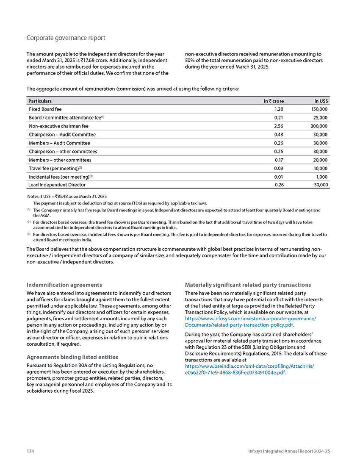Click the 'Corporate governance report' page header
coord(66,38)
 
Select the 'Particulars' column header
coord(40,101)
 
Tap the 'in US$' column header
coord(321,101)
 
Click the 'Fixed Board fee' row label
coord(45,109)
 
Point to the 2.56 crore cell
coord(279,126)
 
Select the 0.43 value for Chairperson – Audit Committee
coord(279,134)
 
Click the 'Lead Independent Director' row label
coord(57,185)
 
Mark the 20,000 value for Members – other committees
coord(319,160)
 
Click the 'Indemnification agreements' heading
coord(64,285)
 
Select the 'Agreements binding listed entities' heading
coord(72,357)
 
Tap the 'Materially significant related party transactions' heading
coord(248,285)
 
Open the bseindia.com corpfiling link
coord(250,369)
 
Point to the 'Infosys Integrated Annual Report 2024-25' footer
coord(289,451)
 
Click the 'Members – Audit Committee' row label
coord(59,143)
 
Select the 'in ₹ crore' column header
coord(273,101)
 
